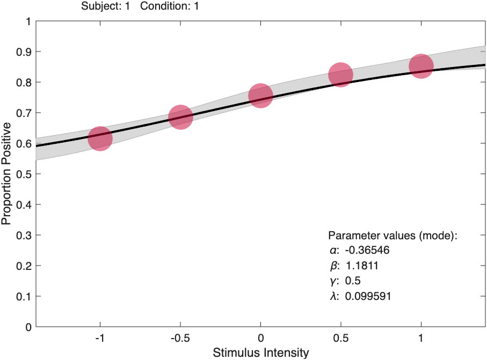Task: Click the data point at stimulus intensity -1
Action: click(x=100, y=138)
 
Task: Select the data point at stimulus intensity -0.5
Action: click(x=180, y=117)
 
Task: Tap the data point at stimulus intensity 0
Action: click(x=260, y=95)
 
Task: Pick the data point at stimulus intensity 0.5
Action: click(x=340, y=75)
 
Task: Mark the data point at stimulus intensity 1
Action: click(x=421, y=66)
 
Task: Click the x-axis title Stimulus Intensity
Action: click(x=261, y=352)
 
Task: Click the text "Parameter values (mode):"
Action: click(x=392, y=236)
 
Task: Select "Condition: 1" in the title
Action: click(x=169, y=6)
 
